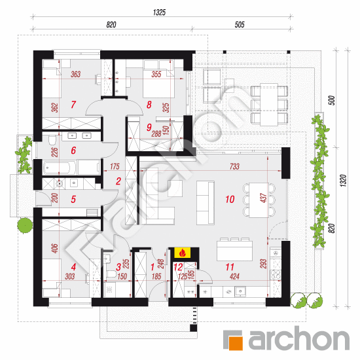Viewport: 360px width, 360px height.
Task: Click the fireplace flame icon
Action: coord(183,253)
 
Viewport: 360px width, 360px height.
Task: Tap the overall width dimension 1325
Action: coord(159,12)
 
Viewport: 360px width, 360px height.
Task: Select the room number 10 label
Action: coord(230,199)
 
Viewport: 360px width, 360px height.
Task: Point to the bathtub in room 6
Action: coord(59,168)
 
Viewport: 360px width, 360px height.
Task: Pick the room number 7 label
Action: coord(73,105)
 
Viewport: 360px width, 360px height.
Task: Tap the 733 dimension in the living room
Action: coord(234,166)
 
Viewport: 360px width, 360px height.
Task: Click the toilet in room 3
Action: coord(112,274)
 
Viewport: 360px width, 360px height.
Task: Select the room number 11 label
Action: coord(230,267)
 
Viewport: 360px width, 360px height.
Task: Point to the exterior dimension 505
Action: coord(240,25)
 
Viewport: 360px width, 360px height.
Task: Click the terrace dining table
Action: coord(269,105)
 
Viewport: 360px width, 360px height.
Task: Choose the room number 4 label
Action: coord(73,267)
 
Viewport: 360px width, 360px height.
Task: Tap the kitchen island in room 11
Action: coord(234,251)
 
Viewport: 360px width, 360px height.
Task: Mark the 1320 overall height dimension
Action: coord(343,180)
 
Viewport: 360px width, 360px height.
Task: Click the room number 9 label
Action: coord(149,127)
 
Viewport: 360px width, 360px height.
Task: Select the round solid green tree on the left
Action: coord(25,226)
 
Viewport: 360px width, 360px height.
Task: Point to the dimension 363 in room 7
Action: coord(75,74)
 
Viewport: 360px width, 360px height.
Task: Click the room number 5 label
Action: coord(73,199)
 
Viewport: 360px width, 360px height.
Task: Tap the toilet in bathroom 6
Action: coord(52,140)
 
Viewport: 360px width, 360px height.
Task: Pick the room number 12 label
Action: coord(178,267)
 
